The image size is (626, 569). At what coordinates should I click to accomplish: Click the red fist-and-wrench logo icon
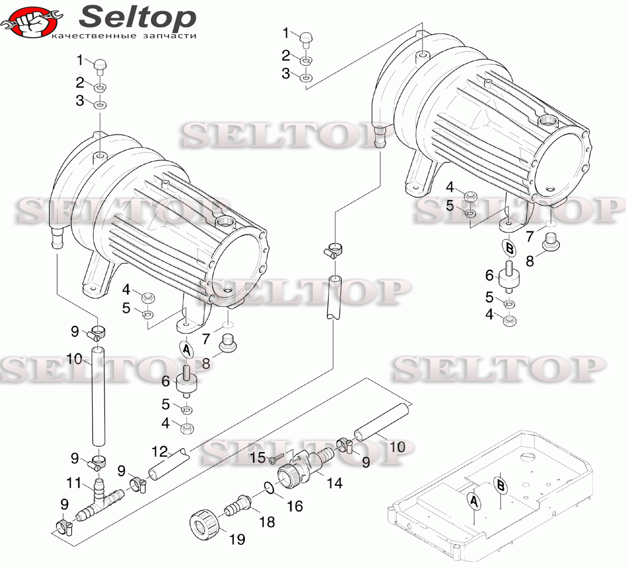(30, 23)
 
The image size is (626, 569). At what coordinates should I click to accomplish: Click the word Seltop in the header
(137, 17)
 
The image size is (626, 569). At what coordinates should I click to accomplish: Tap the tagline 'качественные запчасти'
(124, 36)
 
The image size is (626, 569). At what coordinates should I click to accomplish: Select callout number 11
(74, 483)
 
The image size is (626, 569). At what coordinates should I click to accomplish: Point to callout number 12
(160, 452)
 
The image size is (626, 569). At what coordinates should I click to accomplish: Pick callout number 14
(335, 483)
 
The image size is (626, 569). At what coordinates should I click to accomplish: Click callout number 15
(258, 457)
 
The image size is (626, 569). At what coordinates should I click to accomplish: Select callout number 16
(295, 506)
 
